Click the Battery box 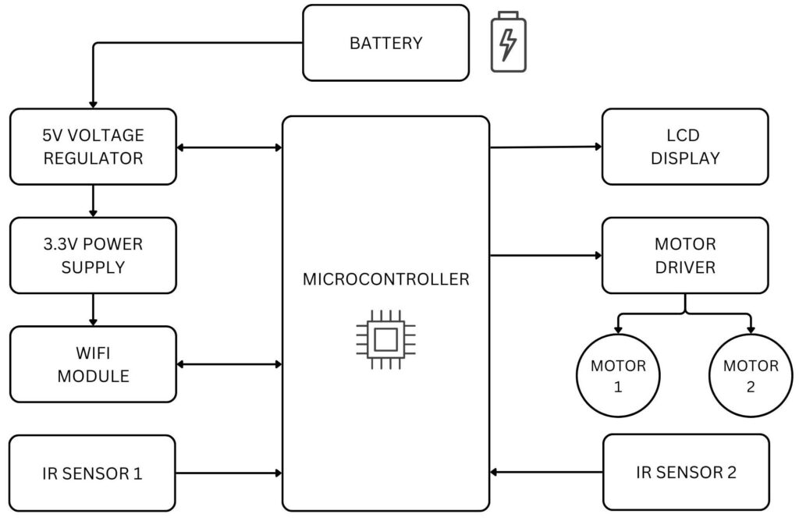coord(385,43)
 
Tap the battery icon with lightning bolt coord(508,42)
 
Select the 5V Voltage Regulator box coord(93,147)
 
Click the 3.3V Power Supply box coord(93,255)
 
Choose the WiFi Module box coord(93,364)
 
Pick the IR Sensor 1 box coord(93,473)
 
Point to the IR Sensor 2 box coord(686,472)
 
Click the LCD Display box coord(684,147)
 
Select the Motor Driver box coord(684,255)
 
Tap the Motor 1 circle coord(618,376)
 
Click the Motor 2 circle coord(751,376)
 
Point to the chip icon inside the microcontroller coord(385,340)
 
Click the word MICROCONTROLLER coord(385,279)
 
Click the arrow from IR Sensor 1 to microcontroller coord(229,473)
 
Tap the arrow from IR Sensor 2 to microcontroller coord(546,472)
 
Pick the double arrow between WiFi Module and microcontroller coord(229,363)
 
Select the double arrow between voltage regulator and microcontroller coord(229,147)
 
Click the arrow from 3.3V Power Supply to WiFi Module coord(93,310)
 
